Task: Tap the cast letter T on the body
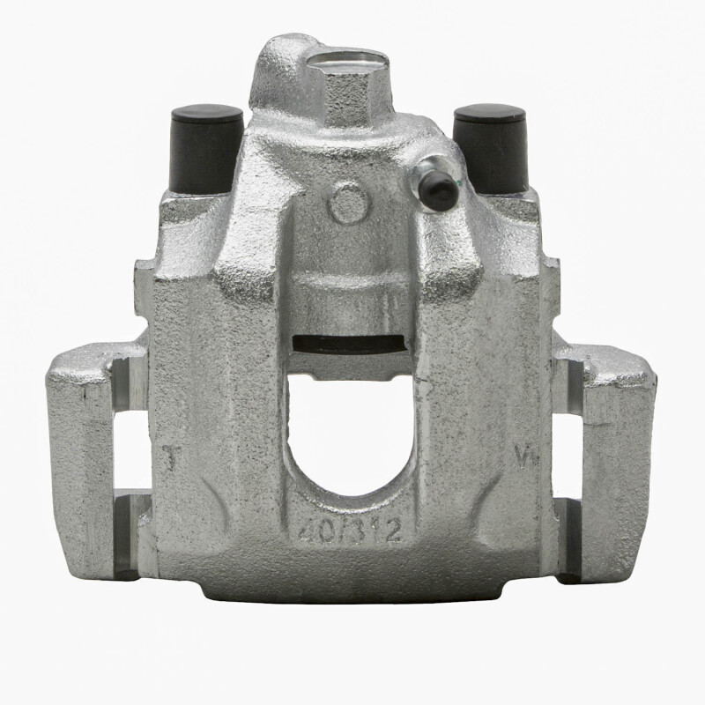pyautogui.click(x=174, y=457)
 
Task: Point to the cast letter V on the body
pyautogui.click(x=522, y=456)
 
